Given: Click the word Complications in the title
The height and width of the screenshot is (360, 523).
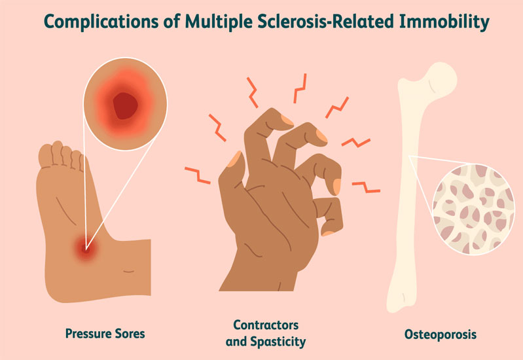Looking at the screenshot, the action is point(101,22).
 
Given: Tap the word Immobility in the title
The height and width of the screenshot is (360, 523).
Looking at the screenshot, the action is point(444,22).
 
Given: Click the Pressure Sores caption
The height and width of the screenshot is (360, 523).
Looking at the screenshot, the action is point(105,333).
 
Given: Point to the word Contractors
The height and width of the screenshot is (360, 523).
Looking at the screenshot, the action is point(266,325).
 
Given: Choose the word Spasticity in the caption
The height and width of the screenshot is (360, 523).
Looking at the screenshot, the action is point(278,342).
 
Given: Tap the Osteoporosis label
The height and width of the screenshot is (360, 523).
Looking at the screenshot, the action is point(441,334).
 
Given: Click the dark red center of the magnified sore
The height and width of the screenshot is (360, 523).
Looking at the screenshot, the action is point(125,106).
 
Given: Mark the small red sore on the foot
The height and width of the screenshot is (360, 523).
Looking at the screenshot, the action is point(86,249).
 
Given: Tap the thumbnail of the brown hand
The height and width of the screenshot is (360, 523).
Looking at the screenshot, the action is point(234,159).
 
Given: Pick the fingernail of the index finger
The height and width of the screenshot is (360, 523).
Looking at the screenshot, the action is point(287,120).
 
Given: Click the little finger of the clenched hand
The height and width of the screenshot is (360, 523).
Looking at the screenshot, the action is point(329,216).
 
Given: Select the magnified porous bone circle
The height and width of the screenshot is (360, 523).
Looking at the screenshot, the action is point(473,209).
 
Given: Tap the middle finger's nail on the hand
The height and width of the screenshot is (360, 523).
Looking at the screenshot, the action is point(321,135).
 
